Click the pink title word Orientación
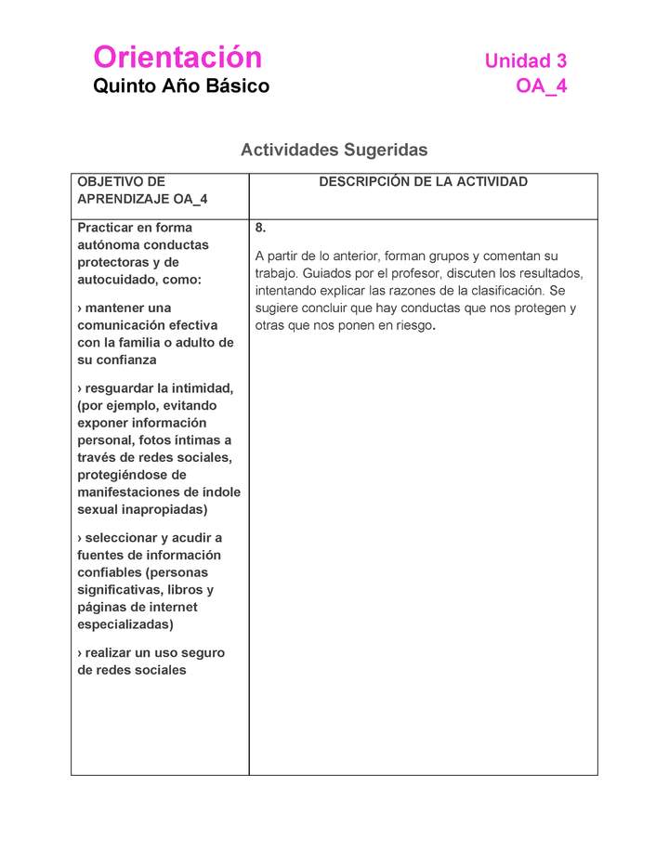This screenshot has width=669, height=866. [177, 58]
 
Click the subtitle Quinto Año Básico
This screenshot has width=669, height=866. [181, 86]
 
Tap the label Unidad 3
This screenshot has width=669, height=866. [525, 61]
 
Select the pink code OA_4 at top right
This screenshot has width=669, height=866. [542, 87]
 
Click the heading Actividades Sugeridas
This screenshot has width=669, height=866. [334, 150]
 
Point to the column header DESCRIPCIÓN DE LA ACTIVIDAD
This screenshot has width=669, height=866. [423, 182]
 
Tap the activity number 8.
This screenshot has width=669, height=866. [260, 228]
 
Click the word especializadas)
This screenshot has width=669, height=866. [125, 624]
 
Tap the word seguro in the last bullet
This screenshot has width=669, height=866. [203, 653]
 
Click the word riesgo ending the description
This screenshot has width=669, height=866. [413, 326]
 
